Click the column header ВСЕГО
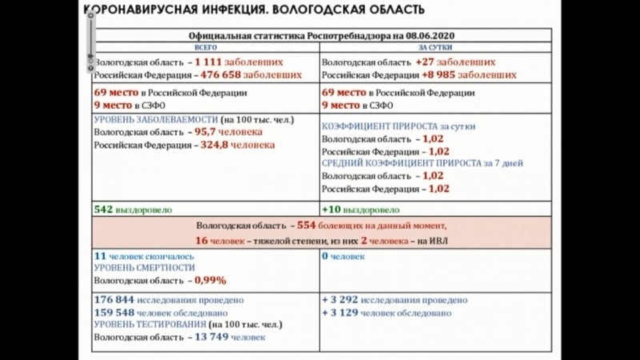[206, 47]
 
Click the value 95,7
[206, 133]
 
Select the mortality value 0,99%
[210, 281]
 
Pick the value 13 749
[211, 338]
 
